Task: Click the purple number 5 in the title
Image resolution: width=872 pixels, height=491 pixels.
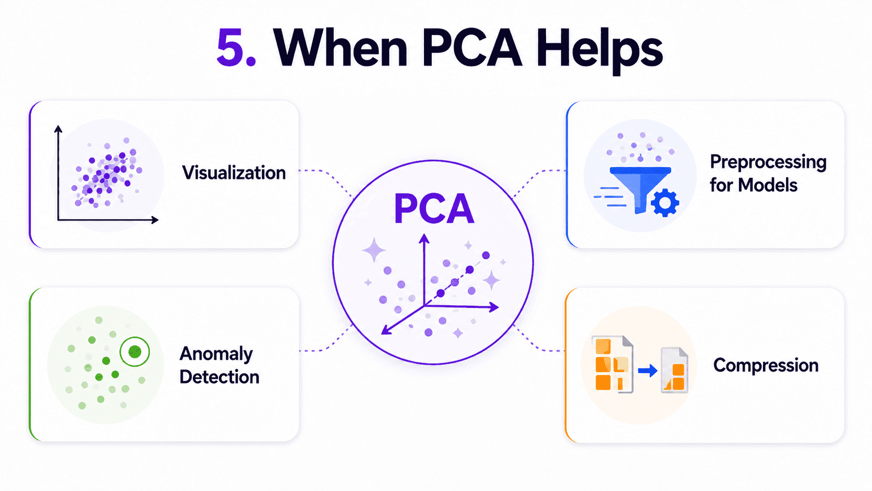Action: [231, 47]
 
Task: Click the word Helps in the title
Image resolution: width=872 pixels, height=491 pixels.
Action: [600, 51]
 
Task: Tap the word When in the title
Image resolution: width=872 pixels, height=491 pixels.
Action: [341, 47]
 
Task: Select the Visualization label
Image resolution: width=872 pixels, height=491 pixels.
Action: [234, 173]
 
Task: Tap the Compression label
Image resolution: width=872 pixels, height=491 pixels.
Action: [766, 365]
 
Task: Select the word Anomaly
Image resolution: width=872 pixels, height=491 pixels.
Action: [216, 354]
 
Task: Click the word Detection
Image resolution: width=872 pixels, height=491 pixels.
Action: [219, 377]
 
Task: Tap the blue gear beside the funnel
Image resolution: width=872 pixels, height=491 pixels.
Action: [665, 202]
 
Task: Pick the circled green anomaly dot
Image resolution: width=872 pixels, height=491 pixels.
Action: [135, 352]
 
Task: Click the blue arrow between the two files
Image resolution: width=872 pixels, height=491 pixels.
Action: [648, 370]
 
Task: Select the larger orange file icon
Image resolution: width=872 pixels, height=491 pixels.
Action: [613, 364]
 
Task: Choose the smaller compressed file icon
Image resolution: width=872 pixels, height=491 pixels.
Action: [675, 369]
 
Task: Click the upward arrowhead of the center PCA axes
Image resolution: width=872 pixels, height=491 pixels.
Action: [424, 238]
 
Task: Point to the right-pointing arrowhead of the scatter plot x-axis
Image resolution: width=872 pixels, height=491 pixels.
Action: [154, 220]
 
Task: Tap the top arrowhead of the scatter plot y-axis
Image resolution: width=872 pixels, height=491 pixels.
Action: [58, 129]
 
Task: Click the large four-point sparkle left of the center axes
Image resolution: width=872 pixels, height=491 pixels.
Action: [374, 250]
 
